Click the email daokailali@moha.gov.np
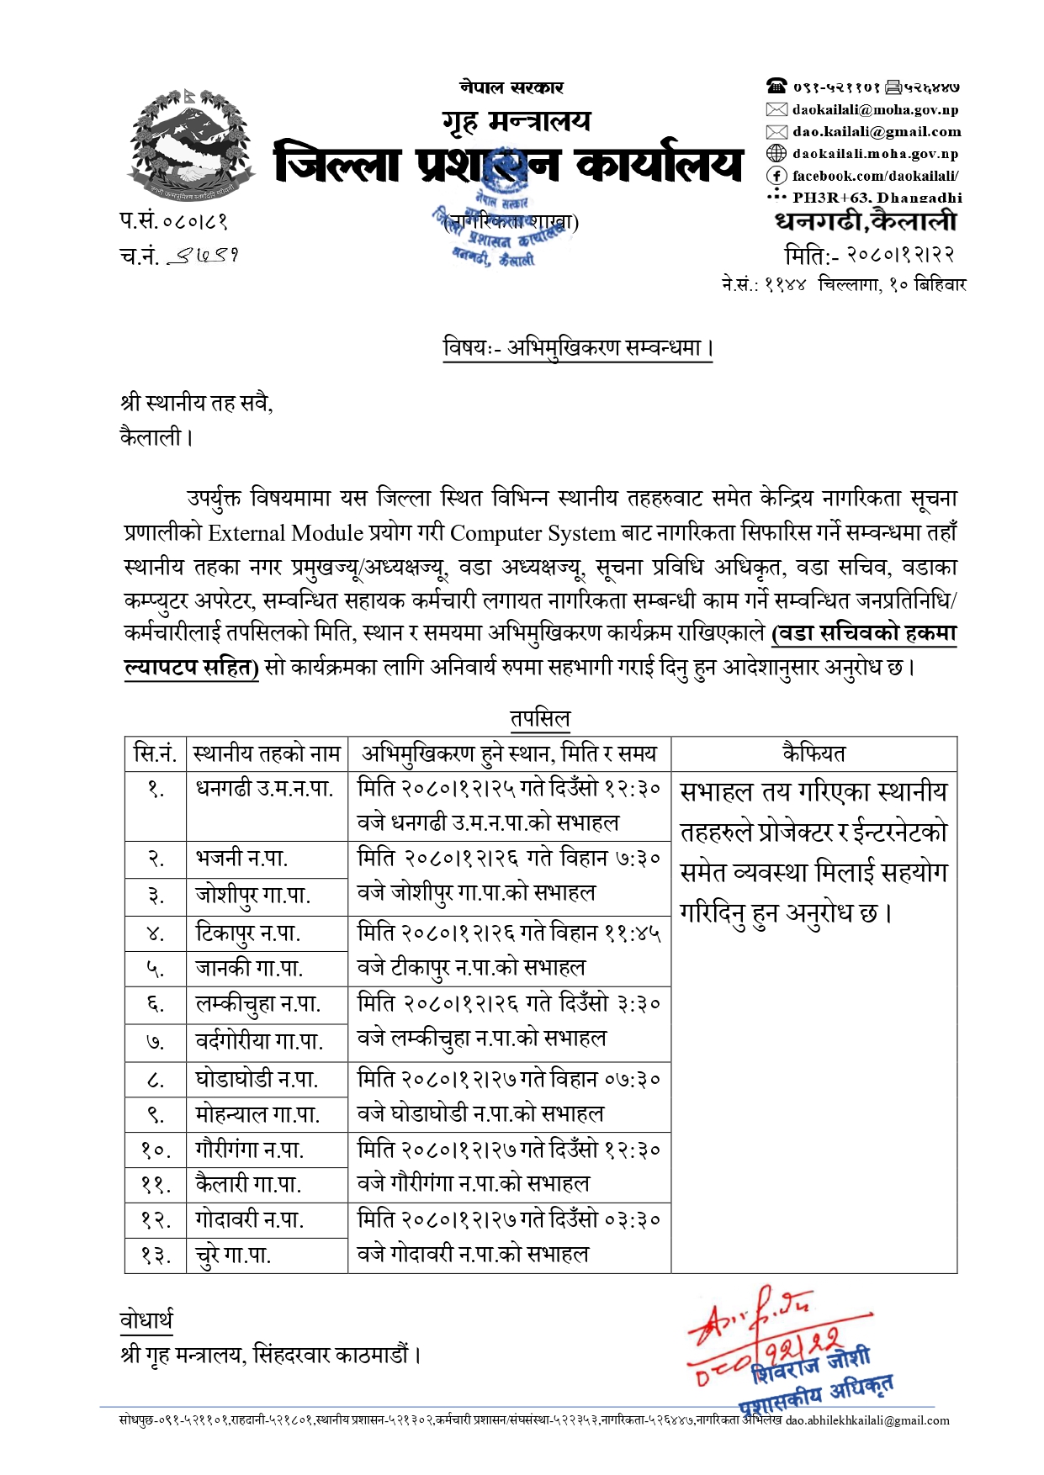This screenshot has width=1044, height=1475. coord(875,109)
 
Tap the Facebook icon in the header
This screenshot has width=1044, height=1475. coord(776,176)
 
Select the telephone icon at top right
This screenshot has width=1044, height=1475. coord(776,86)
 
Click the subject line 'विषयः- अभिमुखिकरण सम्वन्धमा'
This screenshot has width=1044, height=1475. coord(578,348)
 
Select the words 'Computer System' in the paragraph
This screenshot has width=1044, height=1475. coord(533,533)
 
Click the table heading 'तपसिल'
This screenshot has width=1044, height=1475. coord(540,719)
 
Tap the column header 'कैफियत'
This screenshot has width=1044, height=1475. coord(813,753)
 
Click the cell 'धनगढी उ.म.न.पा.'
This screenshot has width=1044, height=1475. coord(265,789)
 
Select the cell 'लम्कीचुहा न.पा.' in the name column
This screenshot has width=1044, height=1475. coord(258,1004)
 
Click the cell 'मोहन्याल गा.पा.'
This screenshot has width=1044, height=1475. coord(257,1115)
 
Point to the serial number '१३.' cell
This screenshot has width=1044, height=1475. coord(156,1256)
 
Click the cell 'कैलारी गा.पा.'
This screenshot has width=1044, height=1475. coord(248,1184)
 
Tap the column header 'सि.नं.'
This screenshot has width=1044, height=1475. coord(156,753)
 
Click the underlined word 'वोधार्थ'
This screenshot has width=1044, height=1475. coord(146,1321)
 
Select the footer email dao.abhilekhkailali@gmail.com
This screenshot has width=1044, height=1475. coord(867,1420)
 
